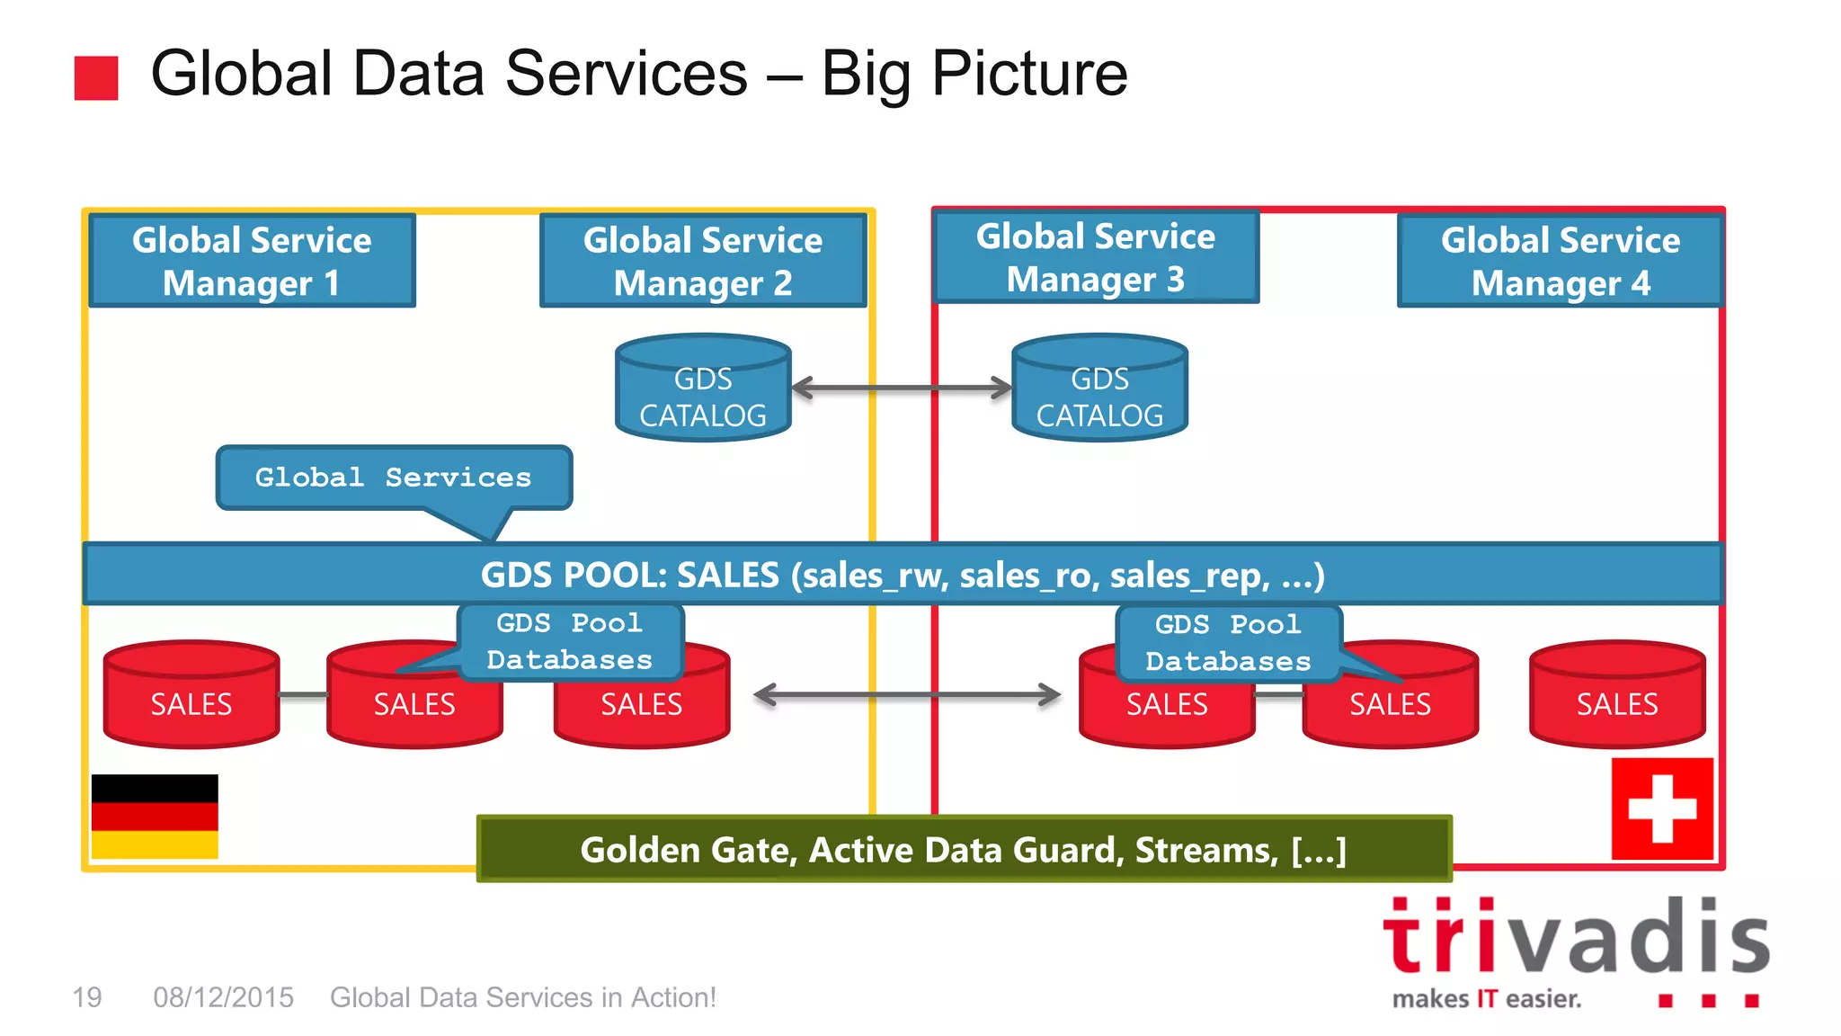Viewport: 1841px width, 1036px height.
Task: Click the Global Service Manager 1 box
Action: [x=252, y=261]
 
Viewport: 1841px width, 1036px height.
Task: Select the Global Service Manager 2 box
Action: [x=703, y=261]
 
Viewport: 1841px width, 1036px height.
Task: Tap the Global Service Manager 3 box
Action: [x=1096, y=257]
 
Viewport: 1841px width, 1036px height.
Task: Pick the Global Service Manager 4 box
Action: [x=1561, y=261]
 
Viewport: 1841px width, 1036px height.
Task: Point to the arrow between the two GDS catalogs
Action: [x=902, y=388]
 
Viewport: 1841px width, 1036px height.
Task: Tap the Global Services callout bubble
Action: [x=394, y=478]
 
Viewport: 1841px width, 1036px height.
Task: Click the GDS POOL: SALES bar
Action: [x=903, y=574]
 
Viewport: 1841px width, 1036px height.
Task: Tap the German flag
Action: [x=155, y=816]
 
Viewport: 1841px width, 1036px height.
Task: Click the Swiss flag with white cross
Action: [x=1662, y=808]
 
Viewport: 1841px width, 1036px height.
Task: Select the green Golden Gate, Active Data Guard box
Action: [x=964, y=849]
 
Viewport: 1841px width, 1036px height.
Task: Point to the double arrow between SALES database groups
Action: [x=907, y=694]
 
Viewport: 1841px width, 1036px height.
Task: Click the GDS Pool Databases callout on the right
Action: [x=1228, y=642]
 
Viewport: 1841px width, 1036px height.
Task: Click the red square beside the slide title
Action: [x=96, y=78]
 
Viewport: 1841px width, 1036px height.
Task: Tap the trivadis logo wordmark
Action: [x=1576, y=937]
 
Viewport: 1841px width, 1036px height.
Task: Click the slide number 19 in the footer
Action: [x=87, y=997]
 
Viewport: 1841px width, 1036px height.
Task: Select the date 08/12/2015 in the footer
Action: [x=223, y=997]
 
